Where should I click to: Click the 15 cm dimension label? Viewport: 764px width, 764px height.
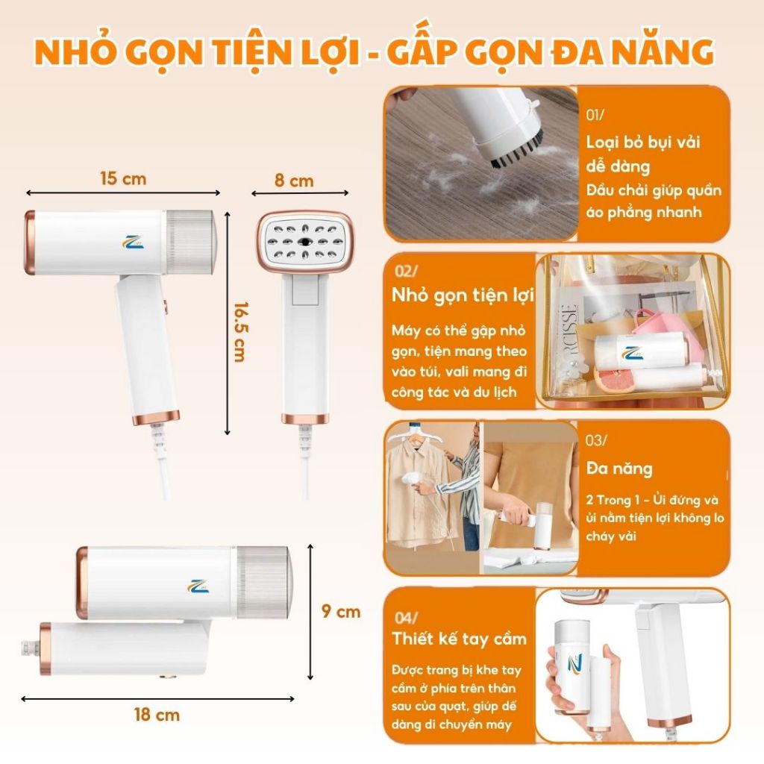123,178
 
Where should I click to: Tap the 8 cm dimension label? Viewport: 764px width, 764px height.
294,181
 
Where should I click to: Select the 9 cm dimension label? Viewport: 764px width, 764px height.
341,612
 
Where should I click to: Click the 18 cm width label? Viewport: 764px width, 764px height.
157,715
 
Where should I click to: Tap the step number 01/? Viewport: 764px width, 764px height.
595,115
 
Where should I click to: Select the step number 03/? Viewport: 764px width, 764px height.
596,440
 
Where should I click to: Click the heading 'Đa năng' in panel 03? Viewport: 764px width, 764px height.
619,469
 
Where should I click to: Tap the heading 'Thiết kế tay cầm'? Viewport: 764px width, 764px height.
460,639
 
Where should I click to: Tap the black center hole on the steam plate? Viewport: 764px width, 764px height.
305,242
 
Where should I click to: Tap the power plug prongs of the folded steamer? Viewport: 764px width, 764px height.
29,648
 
